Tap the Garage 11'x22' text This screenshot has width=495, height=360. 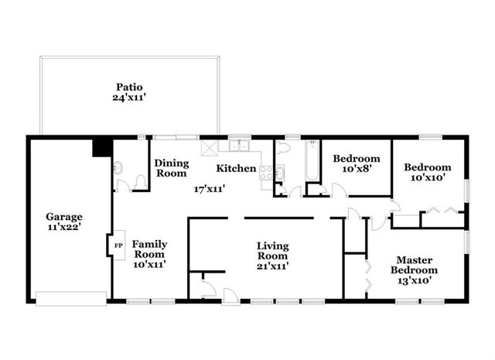pyautogui.click(x=63, y=222)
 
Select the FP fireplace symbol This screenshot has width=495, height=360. pyautogui.click(x=118, y=245)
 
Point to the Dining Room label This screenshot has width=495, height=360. pyautogui.click(x=171, y=168)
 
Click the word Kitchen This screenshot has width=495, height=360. pyautogui.click(x=236, y=168)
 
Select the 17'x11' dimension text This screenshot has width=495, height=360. pyautogui.click(x=209, y=187)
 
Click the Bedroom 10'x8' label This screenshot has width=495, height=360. pyautogui.click(x=357, y=164)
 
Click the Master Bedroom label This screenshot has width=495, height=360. pyautogui.click(x=417, y=270)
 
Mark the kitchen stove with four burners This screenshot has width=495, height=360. pyautogui.click(x=268, y=173)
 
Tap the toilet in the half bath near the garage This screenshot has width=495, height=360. pyautogui.click(x=139, y=181)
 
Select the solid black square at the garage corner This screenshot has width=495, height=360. pyautogui.click(x=101, y=146)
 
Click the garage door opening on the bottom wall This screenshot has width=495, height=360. pyautogui.click(x=70, y=298)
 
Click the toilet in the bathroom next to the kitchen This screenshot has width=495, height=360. pyautogui.click(x=283, y=147)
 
